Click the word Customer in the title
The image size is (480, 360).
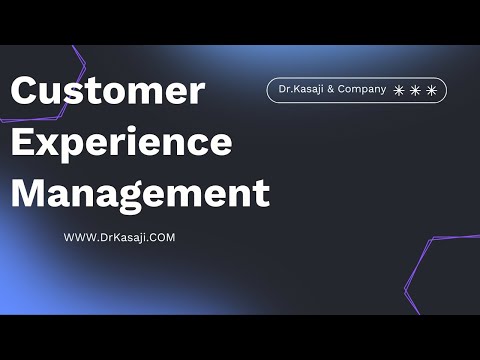pyautogui.click(x=107, y=92)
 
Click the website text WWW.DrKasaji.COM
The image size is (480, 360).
pyautogui.click(x=120, y=238)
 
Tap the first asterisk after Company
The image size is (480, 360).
pyautogui.click(x=399, y=90)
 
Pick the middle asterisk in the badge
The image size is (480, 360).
pyautogui.click(x=415, y=90)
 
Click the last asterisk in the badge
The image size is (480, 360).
pyautogui.click(x=431, y=90)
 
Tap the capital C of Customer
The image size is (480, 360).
pyautogui.click(x=27, y=92)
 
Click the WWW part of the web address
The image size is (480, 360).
pyautogui.click(x=79, y=238)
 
